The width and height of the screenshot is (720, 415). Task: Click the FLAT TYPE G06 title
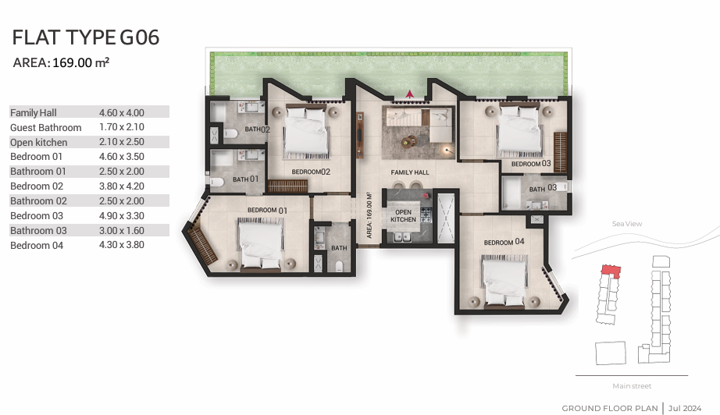click(85, 37)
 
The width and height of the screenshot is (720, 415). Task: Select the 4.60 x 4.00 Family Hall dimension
click(122, 112)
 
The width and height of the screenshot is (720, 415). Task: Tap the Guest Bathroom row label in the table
click(45, 127)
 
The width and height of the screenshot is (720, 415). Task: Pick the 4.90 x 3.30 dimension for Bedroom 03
click(122, 215)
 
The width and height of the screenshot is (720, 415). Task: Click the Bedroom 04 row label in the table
click(37, 245)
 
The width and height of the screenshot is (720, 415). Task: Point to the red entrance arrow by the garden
click(409, 94)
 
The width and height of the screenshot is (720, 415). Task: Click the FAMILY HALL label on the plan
click(410, 172)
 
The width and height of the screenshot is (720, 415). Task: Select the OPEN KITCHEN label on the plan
click(403, 215)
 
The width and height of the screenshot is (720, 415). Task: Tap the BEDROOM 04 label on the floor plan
click(504, 242)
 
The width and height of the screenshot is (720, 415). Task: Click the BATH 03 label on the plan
click(543, 188)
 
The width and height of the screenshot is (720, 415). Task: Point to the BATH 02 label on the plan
click(257, 129)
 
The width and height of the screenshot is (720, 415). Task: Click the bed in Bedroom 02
click(306, 131)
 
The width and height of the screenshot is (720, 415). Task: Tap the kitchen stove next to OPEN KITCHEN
click(426, 215)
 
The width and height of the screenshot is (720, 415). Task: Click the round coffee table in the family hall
click(408, 142)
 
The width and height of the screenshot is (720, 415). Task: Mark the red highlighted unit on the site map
click(611, 271)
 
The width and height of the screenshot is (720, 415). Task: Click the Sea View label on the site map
click(627, 224)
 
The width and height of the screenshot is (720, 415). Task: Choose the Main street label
click(632, 386)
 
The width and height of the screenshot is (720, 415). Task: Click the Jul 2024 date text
click(685, 408)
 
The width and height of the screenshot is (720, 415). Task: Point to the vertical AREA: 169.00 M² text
click(369, 215)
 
